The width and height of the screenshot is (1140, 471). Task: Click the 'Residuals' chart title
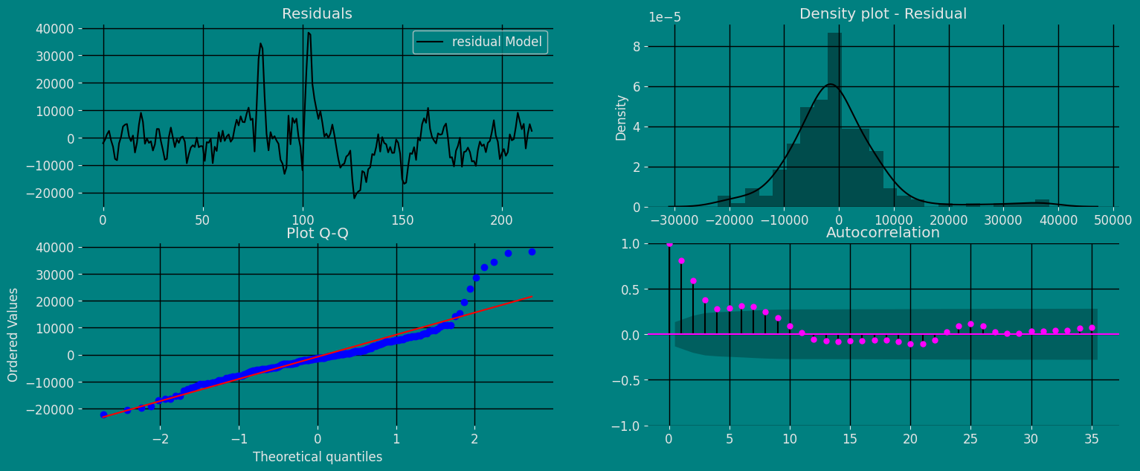[x=317, y=14]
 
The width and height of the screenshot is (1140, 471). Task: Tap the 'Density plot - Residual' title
[x=883, y=14]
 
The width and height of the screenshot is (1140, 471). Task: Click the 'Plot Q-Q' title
[x=318, y=234]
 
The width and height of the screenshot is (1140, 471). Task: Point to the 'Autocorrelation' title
[x=883, y=233]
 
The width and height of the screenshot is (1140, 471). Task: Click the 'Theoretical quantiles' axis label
[x=318, y=457]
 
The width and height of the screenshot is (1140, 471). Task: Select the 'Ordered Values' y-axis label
[x=14, y=335]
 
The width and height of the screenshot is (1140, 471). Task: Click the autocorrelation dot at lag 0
[x=669, y=244]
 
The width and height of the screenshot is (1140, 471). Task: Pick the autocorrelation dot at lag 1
[x=681, y=261]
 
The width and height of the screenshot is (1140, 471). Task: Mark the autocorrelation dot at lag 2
[x=693, y=281]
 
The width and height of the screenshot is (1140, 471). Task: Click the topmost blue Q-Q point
[x=532, y=251]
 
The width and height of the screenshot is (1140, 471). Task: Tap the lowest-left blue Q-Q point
[x=103, y=414]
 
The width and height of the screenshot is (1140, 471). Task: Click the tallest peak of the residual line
[x=309, y=33]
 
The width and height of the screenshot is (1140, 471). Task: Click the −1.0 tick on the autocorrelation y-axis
[x=632, y=426]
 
